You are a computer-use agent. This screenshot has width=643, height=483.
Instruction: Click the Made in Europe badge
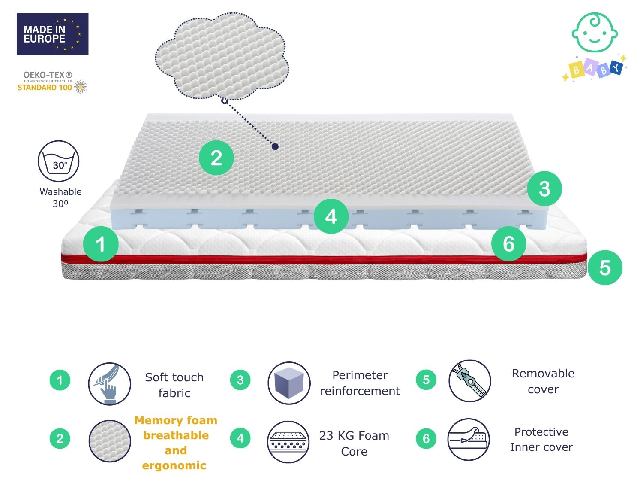click(52, 34)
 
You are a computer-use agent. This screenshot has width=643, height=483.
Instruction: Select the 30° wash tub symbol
click(59, 161)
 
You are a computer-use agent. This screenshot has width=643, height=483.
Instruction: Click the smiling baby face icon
click(595, 32)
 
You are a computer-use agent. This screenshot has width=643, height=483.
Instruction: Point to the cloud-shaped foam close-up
click(222, 56)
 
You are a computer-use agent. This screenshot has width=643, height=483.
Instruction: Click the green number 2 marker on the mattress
click(216, 158)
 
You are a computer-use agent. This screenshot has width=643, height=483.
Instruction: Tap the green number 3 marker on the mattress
click(544, 188)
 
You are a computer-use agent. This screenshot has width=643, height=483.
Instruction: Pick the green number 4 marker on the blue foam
click(331, 216)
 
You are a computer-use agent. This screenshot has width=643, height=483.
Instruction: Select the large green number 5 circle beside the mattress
click(605, 267)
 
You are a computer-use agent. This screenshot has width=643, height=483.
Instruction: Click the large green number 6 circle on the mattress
click(508, 244)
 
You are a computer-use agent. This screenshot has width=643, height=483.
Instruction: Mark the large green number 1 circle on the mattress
click(101, 244)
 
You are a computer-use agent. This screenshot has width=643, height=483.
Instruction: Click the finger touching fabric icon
click(110, 384)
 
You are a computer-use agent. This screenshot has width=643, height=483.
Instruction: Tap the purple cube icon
click(289, 383)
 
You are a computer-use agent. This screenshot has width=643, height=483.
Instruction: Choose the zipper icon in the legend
click(470, 381)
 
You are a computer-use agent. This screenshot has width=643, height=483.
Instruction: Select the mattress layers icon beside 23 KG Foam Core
click(288, 442)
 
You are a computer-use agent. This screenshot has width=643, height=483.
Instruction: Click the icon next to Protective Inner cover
click(469, 440)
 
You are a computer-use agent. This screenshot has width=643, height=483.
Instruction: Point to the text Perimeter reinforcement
click(360, 383)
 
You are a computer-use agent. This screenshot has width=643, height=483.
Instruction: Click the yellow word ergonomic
click(174, 465)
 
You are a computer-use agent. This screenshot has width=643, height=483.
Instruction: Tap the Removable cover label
click(543, 381)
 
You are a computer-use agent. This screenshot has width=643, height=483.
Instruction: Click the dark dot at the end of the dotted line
click(275, 146)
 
